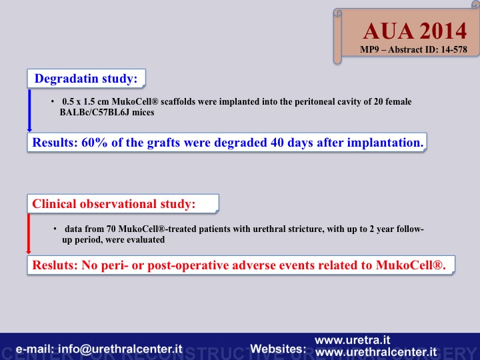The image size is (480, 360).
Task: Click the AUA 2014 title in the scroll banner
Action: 415,31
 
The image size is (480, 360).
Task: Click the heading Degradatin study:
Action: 86,79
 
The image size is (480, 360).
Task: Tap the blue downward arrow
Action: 29,111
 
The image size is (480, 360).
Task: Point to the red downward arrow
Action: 29,234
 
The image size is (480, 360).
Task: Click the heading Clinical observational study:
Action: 114,203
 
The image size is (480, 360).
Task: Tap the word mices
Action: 143,113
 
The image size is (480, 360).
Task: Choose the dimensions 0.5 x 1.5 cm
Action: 85,101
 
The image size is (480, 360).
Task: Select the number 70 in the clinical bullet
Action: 111,229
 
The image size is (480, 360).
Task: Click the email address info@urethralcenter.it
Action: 120,349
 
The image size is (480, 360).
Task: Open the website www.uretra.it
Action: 353,340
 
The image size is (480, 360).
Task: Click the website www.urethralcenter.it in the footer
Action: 376,352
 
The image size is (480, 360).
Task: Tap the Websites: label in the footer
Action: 278,349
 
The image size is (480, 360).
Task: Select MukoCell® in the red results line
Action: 410,265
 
